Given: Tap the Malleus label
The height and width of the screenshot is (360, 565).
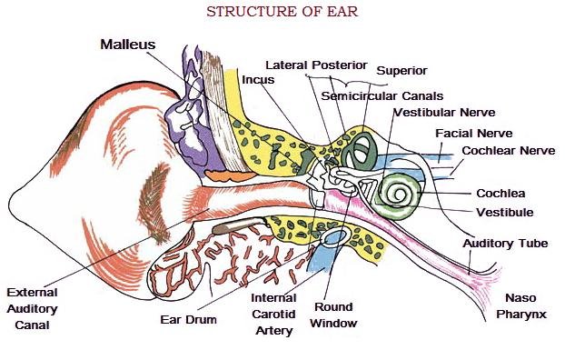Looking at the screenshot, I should click(128, 44).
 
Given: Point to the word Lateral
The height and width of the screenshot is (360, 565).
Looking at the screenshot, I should click(289, 65).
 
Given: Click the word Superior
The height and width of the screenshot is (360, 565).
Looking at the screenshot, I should click(401, 70).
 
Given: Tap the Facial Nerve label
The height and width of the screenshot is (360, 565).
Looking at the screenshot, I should click(472, 133).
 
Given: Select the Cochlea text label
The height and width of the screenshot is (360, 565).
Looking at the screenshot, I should click(501, 193).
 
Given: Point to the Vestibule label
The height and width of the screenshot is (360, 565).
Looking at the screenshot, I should click(504, 212).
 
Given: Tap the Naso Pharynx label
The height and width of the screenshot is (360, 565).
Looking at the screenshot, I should click(521, 305).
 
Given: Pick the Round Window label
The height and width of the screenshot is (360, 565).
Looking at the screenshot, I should click(333, 315).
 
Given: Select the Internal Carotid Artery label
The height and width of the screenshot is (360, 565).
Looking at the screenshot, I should click(274, 314).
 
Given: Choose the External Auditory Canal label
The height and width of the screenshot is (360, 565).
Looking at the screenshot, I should click(32, 308).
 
